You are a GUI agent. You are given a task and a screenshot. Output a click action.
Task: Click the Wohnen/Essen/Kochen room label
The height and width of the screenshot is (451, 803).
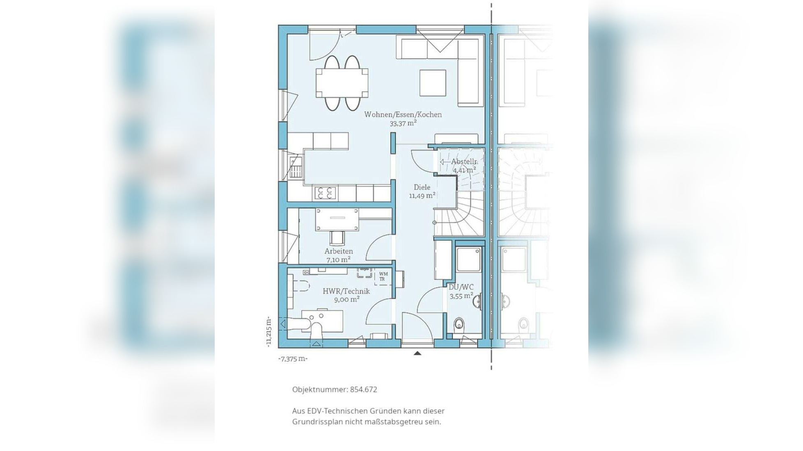403,114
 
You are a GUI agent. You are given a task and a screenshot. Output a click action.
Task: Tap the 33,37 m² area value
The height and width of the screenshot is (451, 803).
403,123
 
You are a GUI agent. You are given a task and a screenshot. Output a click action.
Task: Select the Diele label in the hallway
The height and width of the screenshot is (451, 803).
422,187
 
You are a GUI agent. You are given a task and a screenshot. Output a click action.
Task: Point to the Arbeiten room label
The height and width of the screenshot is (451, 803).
339,251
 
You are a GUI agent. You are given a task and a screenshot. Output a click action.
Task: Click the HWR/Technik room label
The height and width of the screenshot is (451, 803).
346,291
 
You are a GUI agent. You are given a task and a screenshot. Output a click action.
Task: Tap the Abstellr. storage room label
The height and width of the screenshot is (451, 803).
465,162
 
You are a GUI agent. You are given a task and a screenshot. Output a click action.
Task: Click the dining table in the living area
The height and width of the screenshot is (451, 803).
342,83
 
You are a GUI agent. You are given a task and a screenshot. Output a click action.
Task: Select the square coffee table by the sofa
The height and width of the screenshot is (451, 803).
433,83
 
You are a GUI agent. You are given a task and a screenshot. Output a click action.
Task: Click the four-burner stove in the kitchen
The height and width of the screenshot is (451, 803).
325,193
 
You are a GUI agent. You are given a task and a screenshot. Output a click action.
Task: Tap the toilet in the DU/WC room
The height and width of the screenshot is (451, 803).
459,325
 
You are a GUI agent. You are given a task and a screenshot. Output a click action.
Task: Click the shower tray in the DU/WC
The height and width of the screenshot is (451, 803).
468,259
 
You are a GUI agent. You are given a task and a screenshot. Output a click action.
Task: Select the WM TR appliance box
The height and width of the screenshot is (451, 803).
383,277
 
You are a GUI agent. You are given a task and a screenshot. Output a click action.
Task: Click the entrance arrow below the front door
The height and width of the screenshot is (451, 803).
418,353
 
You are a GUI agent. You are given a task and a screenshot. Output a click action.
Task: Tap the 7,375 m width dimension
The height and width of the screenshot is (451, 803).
293,359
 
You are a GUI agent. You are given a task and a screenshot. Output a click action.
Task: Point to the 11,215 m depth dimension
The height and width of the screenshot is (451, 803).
268,332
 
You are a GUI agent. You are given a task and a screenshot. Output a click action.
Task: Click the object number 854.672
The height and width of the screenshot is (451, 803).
363,389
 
